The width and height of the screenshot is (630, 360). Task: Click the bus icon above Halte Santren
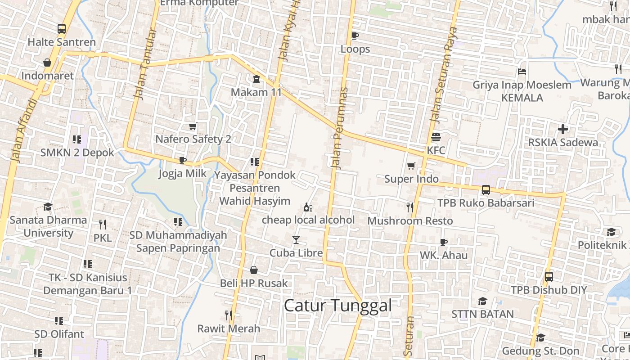[x=62, y=29]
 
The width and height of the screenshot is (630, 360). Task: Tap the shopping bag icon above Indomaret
[x=47, y=63]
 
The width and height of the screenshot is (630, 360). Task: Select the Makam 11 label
[x=256, y=92]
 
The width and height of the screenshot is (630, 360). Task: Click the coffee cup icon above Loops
[x=355, y=36]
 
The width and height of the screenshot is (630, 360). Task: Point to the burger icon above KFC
[x=436, y=137]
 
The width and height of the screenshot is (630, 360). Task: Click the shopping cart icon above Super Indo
[x=411, y=166]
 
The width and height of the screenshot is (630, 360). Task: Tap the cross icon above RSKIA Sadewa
[x=563, y=129]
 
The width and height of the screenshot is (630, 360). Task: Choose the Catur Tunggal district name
[x=337, y=306]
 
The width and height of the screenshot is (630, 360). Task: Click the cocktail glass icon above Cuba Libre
[x=296, y=240]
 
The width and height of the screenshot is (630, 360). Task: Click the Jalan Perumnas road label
[x=340, y=128]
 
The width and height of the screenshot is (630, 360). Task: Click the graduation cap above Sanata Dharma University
[x=48, y=207]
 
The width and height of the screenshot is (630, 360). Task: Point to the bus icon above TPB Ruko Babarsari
[x=486, y=190]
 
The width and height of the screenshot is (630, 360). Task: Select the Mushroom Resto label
[x=410, y=221]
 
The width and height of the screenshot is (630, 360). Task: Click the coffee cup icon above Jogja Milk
[x=182, y=160]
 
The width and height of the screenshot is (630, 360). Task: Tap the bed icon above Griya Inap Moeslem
[x=522, y=72]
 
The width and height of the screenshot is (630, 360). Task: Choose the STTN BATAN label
[x=482, y=314]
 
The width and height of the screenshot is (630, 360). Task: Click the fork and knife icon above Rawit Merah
[x=229, y=315]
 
